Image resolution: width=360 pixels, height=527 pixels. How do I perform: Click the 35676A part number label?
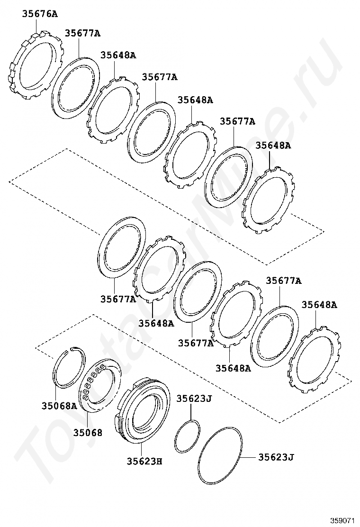point(40,14)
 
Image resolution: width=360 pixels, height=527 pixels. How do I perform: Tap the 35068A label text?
point(59,406)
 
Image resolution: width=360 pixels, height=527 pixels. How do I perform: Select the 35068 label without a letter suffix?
point(88,432)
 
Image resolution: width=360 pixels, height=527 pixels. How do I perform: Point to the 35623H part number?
point(144,461)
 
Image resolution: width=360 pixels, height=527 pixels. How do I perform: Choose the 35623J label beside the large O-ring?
point(276,457)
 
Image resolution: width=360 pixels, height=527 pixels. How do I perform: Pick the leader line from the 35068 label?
point(87,419)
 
